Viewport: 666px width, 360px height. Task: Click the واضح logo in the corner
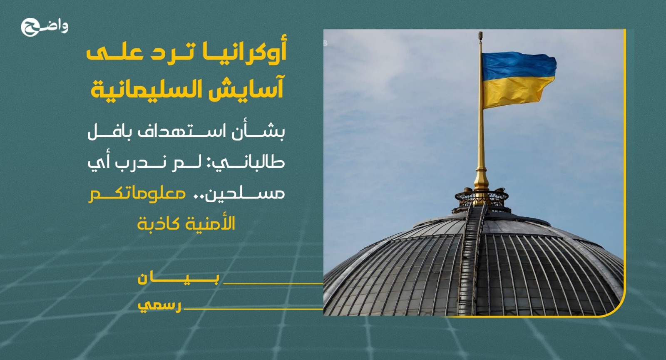click(44, 27)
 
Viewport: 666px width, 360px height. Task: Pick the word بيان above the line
click(178, 279)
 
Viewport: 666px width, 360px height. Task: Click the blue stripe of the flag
click(519, 66)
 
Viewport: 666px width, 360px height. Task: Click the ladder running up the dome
click(473, 256)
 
